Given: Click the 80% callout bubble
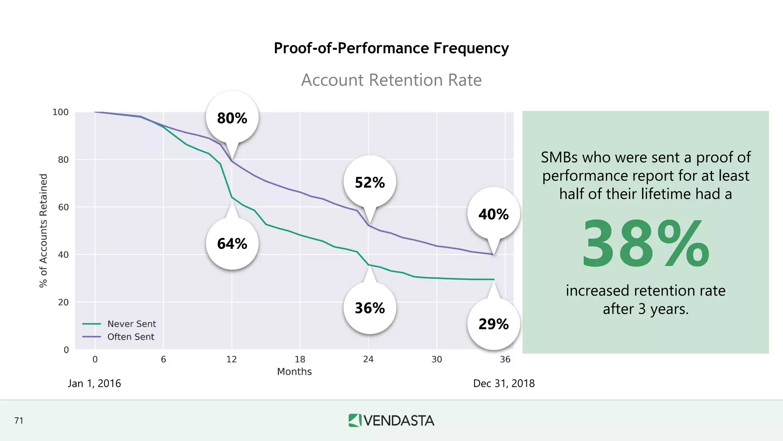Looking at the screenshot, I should pos(232,118).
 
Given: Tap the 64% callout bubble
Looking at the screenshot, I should pos(232,243).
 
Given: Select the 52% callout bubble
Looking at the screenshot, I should pos(370,182).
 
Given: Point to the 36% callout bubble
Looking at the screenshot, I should pos(370,308).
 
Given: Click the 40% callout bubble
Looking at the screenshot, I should pos(493,214).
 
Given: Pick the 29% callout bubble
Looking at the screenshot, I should pos(493,324).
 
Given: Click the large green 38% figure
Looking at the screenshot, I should pos(645,244).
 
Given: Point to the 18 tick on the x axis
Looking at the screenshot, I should pos(300,359).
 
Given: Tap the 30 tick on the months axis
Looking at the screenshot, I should pos(437,359).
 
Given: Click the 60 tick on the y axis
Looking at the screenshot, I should pos(63,207).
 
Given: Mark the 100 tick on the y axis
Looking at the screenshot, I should pos(60,112).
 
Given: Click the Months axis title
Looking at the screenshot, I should pos(294,371).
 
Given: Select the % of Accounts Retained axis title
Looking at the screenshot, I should pos(44,230).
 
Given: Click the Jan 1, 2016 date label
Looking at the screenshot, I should pos(94,383).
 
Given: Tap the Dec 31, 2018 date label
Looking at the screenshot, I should pos(504,383).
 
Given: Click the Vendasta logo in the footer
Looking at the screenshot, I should pos(391,420).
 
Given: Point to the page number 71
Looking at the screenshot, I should pos(19,421).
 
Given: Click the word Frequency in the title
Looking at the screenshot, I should pos(471,48).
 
